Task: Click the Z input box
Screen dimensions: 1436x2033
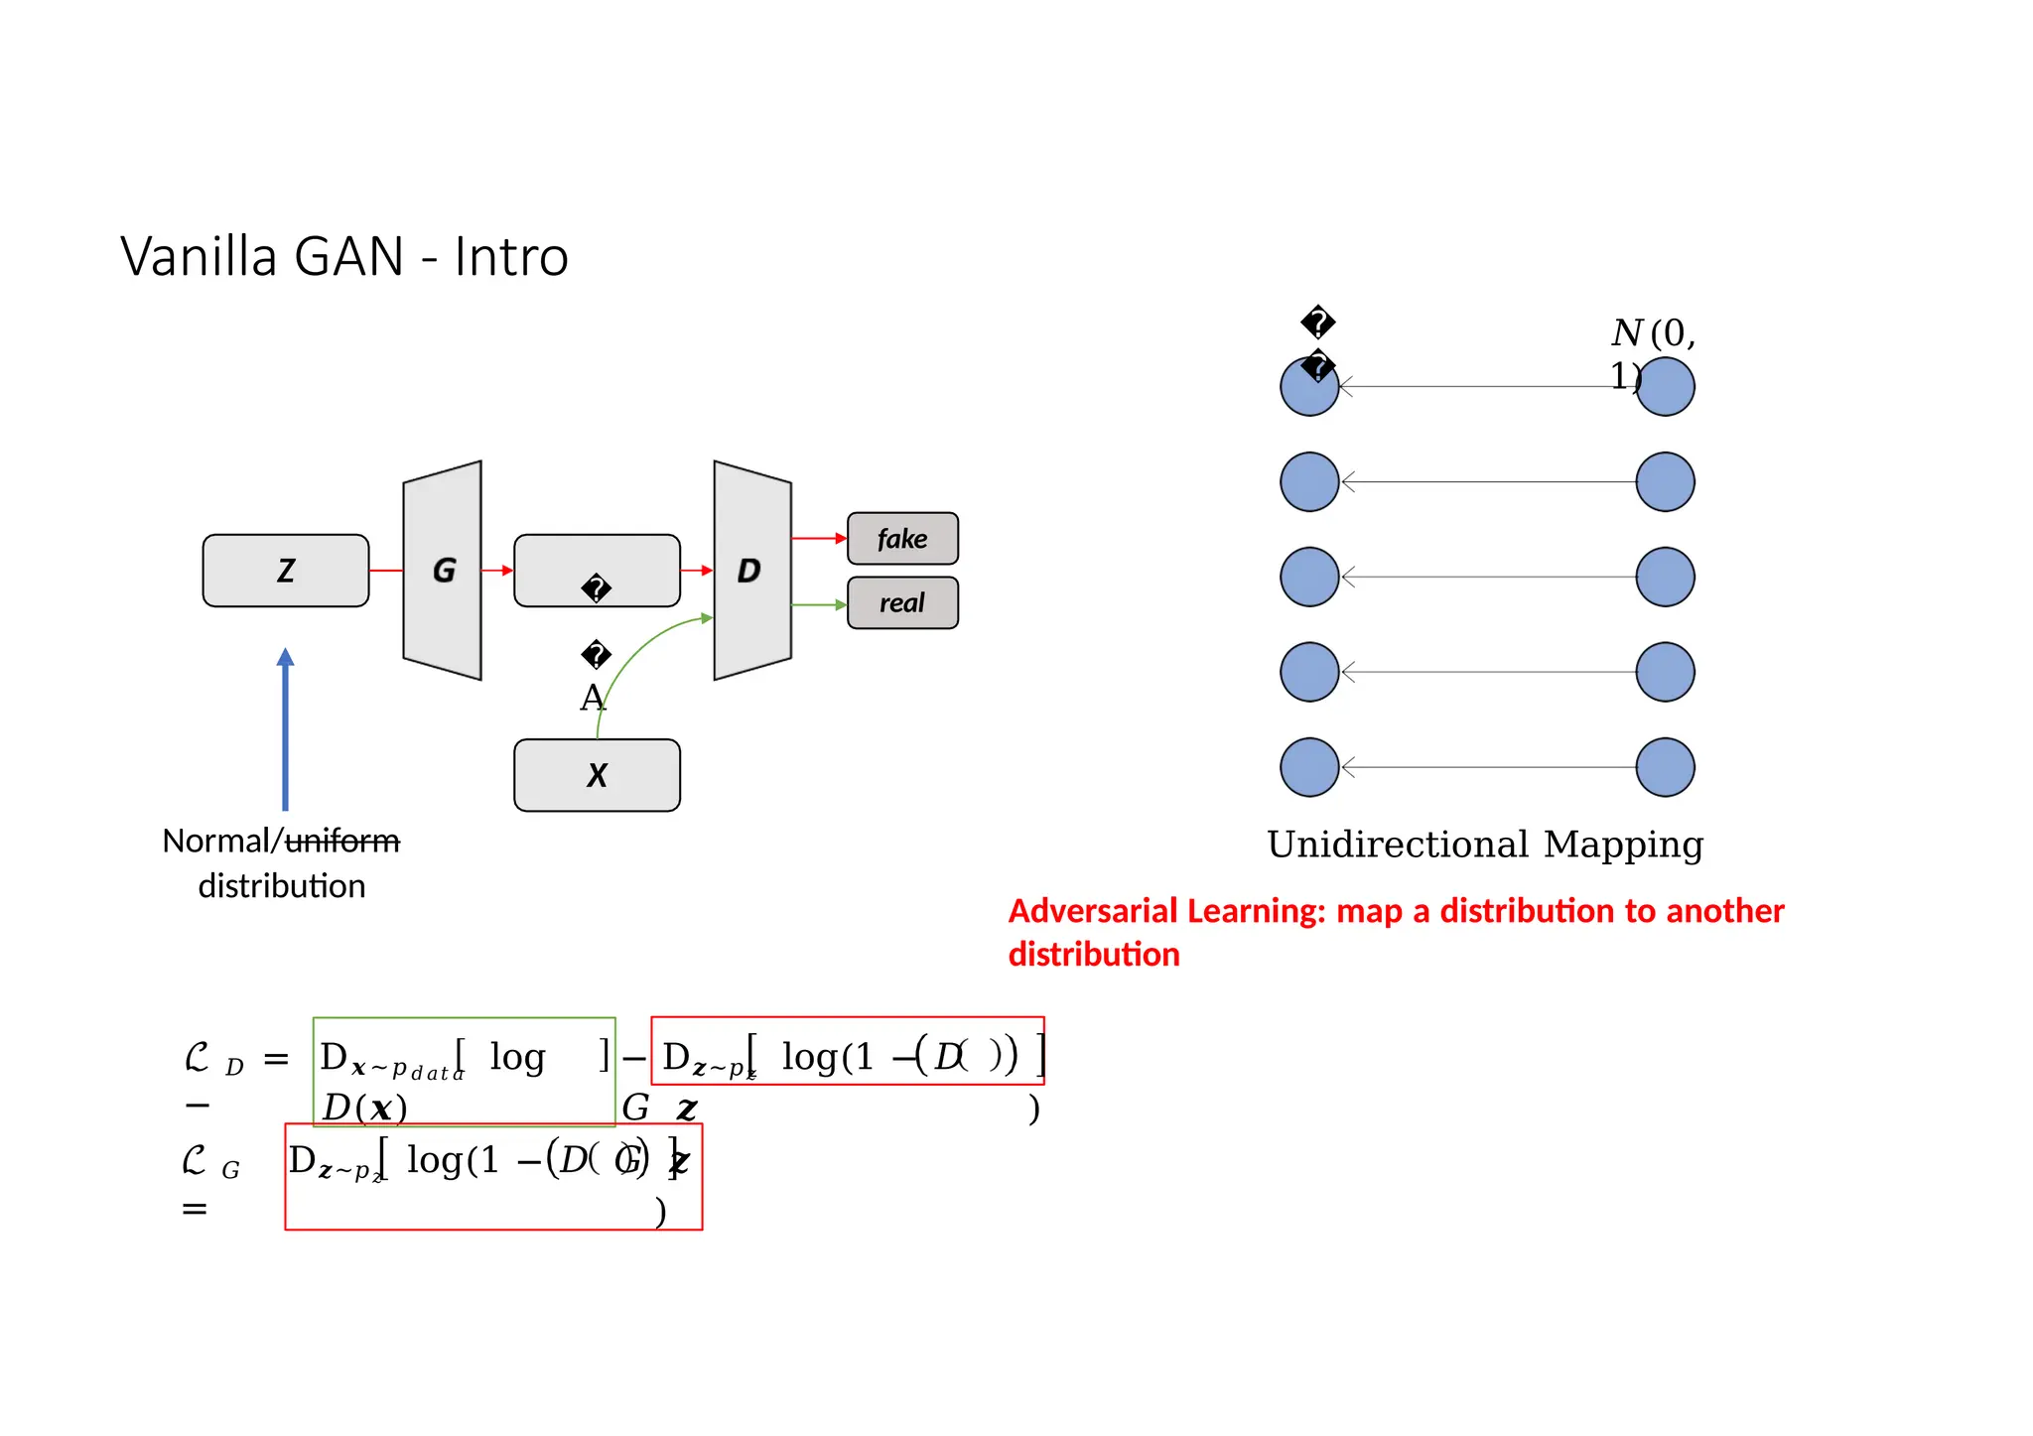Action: click(285, 571)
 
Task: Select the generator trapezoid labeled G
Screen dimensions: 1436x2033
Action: click(443, 571)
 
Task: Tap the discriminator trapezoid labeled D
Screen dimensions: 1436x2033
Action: click(751, 571)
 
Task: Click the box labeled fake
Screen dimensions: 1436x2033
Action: click(901, 539)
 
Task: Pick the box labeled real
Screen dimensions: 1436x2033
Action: click(901, 603)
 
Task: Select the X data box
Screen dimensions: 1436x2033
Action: click(597, 775)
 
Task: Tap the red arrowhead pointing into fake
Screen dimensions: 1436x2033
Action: click(841, 539)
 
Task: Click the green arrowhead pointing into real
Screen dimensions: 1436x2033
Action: click(841, 604)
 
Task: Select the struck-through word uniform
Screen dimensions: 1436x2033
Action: click(342, 842)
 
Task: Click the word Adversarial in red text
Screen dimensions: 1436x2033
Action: click(1091, 911)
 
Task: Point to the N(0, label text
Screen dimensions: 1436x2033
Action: click(1653, 333)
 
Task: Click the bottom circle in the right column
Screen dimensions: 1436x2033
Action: click(1665, 767)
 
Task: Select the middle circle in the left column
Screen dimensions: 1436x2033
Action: click(1309, 577)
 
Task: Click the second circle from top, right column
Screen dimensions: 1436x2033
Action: click(1665, 481)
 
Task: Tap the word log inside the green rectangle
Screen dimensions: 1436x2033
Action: click(517, 1058)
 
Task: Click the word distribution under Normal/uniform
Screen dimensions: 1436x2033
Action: click(282, 886)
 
